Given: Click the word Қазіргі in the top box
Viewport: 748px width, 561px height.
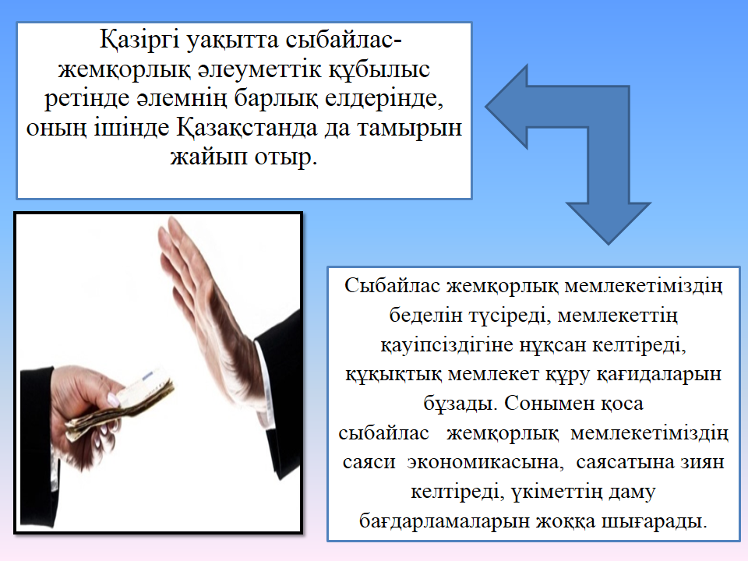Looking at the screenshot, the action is point(139,40).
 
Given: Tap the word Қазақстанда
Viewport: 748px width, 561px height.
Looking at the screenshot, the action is point(247,128).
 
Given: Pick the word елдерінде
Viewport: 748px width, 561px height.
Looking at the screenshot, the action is point(383,99).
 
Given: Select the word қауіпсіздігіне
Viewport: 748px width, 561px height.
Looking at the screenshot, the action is point(446,345).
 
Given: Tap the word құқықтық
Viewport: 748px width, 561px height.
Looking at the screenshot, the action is point(393,375).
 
